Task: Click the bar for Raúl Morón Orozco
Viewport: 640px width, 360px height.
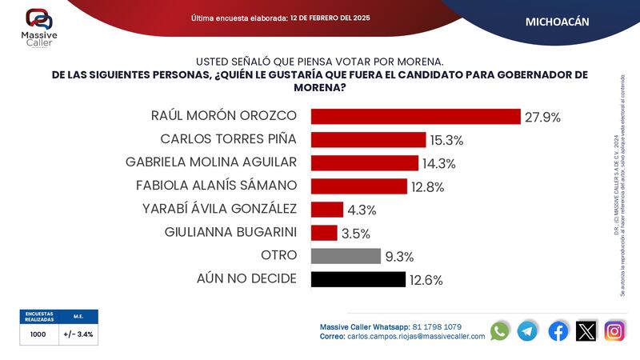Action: pyautogui.click(x=415, y=117)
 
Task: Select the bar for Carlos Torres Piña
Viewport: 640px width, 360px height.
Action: pyautogui.click(x=368, y=140)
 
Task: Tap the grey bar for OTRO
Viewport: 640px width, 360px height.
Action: pyautogui.click(x=346, y=256)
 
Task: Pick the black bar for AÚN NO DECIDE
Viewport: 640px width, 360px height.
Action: pyautogui.click(x=358, y=279)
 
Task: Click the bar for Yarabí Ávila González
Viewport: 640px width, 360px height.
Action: pyautogui.click(x=326, y=210)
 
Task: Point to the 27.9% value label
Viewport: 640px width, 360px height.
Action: pyautogui.click(x=542, y=118)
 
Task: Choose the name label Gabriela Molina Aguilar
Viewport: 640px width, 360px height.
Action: pyautogui.click(x=211, y=162)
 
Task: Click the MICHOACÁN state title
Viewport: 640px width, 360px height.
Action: pyautogui.click(x=557, y=22)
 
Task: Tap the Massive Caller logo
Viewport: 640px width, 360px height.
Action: pyautogui.click(x=38, y=27)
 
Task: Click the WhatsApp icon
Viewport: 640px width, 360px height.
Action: pyautogui.click(x=500, y=330)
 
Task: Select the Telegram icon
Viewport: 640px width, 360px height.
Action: pyautogui.click(x=528, y=330)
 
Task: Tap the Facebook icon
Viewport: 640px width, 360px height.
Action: pyautogui.click(x=558, y=330)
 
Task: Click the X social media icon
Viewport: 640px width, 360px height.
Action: pyautogui.click(x=586, y=330)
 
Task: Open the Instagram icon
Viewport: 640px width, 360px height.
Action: pyautogui.click(x=614, y=330)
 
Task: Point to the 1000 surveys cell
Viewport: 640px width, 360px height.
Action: pyautogui.click(x=38, y=334)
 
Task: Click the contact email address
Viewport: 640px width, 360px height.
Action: pyautogui.click(x=416, y=337)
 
